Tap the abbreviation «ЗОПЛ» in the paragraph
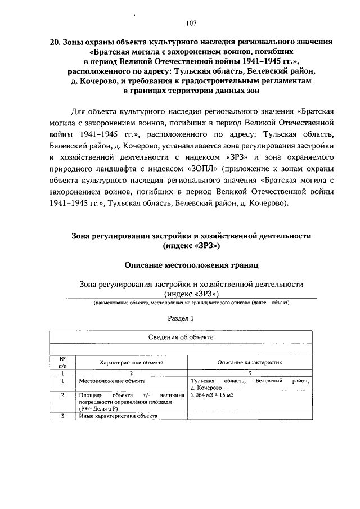tap(201, 168)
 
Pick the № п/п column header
tap(63, 362)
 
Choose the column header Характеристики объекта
tap(132, 363)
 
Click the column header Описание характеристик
tap(250, 363)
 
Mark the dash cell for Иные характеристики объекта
tap(192, 416)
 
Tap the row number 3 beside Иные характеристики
tap(63, 416)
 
